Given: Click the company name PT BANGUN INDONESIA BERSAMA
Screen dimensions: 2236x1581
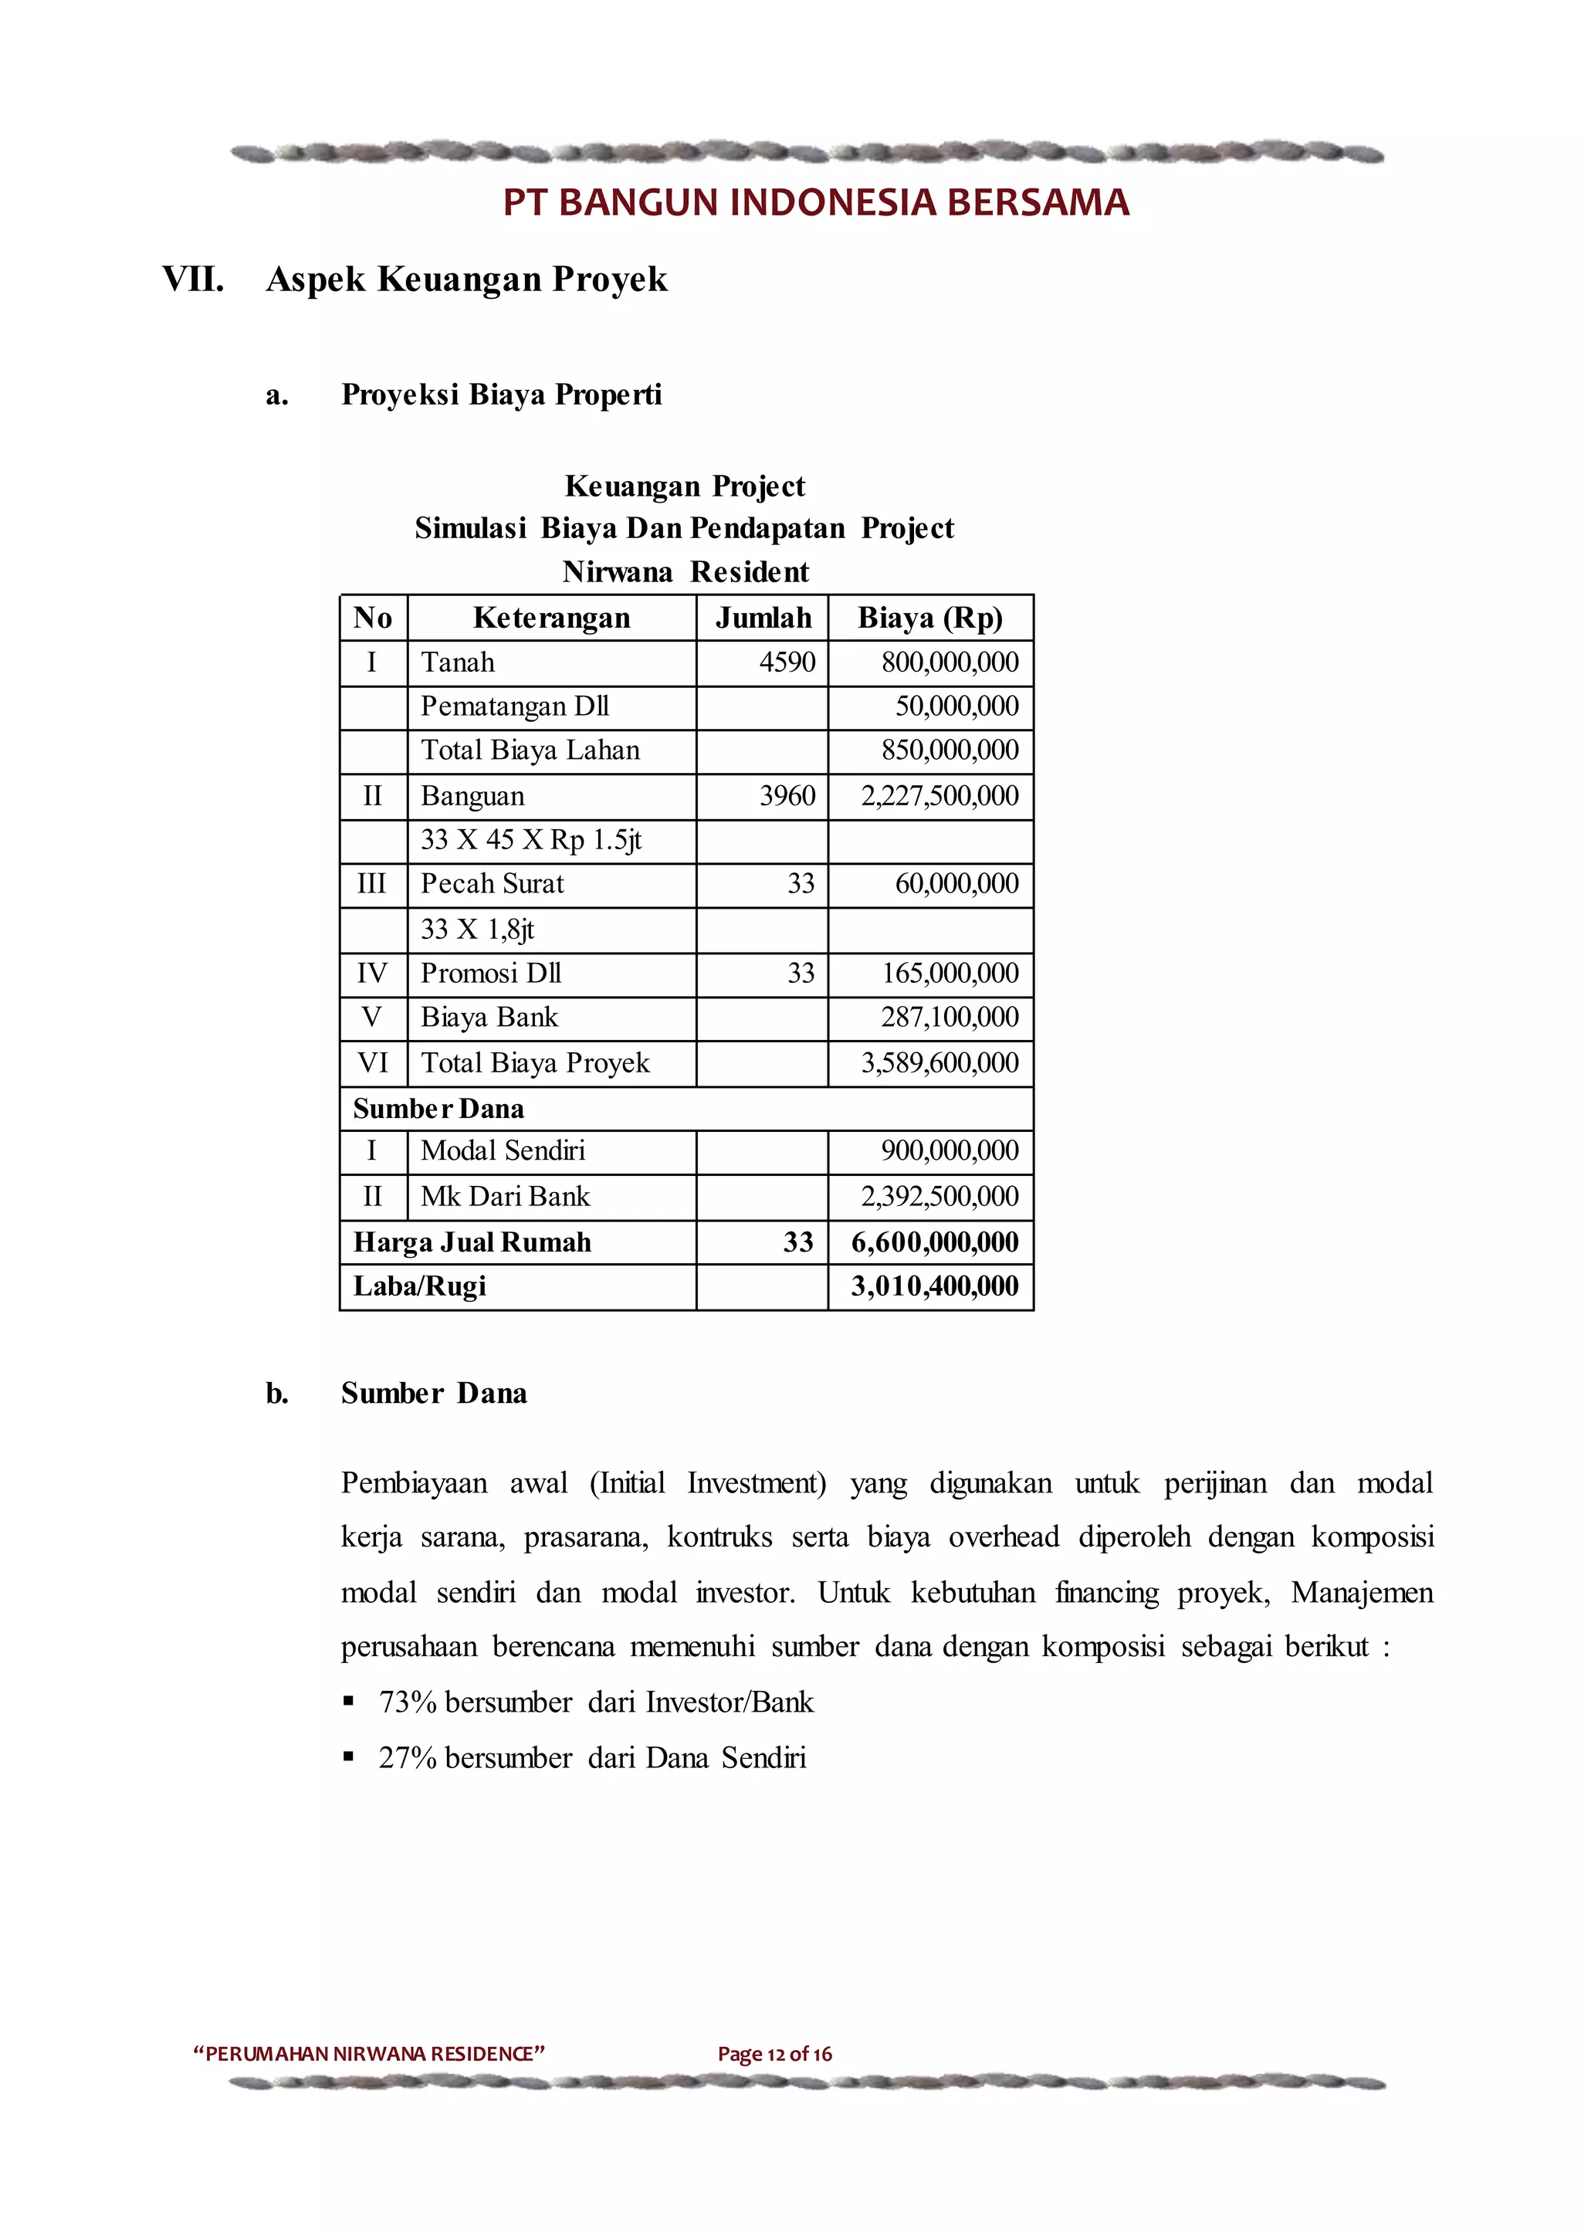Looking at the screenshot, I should pyautogui.click(x=816, y=202).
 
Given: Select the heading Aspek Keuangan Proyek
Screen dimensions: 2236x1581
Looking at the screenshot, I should pyautogui.click(x=466, y=279).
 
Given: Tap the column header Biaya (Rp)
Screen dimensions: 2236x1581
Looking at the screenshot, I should pyautogui.click(x=929, y=618).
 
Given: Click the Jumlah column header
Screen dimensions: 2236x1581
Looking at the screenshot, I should pyautogui.click(x=763, y=618).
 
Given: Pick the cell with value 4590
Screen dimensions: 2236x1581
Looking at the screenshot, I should pyautogui.click(x=787, y=662).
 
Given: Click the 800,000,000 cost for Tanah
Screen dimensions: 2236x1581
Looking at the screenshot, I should pyautogui.click(x=950, y=662).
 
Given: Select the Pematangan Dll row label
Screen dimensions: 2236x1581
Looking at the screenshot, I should pyautogui.click(x=514, y=706).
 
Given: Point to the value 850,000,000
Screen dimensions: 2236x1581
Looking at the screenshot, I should pyautogui.click(x=950, y=750).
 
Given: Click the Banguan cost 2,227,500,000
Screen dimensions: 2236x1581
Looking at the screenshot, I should pyautogui.click(x=939, y=796).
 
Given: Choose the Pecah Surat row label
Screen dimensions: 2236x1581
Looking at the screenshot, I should pyautogui.click(x=492, y=883).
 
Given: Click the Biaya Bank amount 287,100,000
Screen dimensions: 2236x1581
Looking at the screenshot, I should pyautogui.click(x=950, y=1017).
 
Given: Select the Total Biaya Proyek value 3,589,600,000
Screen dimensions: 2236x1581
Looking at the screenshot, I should pyautogui.click(x=939, y=1062).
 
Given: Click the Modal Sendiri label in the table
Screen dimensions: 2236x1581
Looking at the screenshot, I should pyautogui.click(x=503, y=1151).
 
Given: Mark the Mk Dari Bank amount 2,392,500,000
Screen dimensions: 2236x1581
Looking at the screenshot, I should pyautogui.click(x=939, y=1196).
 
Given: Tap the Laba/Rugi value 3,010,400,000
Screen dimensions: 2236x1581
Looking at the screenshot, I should pyautogui.click(x=935, y=1286).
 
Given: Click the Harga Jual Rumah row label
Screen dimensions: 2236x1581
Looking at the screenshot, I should pyautogui.click(x=472, y=1242).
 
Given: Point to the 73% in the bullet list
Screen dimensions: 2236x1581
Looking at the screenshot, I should pyautogui.click(x=407, y=1702).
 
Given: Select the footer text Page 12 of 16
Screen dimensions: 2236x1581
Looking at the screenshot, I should pyautogui.click(x=775, y=2055).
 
